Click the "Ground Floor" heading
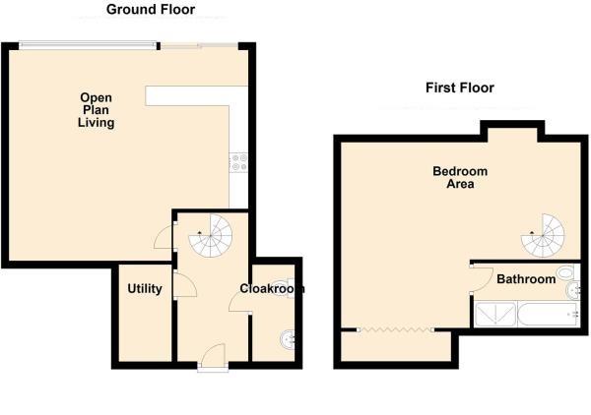pyautogui.click(x=151, y=10)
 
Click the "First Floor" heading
pyautogui.click(x=459, y=88)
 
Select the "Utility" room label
pyautogui.click(x=144, y=289)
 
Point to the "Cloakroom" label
pyautogui.click(x=272, y=289)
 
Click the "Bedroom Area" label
pyautogui.click(x=460, y=177)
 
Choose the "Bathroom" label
pyautogui.click(x=525, y=279)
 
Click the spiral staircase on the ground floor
pyautogui.click(x=211, y=234)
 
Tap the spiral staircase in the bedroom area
pyautogui.click(x=544, y=234)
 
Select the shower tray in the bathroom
pyautogui.click(x=492, y=315)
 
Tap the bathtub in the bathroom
pyautogui.click(x=543, y=315)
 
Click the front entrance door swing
pyautogui.click(x=215, y=354)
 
